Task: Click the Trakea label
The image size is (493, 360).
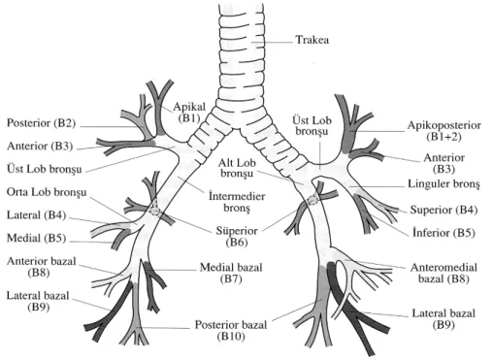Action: (312, 40)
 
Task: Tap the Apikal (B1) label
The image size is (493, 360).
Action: (189, 112)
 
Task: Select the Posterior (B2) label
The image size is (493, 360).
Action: (41, 123)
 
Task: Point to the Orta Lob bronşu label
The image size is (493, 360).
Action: (47, 192)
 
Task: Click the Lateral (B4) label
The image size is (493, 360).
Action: (36, 215)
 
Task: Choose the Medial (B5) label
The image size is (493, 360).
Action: (36, 239)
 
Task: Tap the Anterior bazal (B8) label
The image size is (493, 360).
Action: (41, 267)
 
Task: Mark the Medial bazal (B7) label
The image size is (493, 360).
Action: (231, 273)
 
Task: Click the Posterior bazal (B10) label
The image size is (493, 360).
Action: (231, 330)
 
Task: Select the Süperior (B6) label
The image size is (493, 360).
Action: (237, 237)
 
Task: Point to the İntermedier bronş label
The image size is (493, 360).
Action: (237, 202)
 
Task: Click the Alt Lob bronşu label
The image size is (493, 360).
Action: (237, 168)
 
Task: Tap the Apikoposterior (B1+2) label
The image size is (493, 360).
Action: (444, 131)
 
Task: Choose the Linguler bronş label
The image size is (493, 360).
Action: (444, 184)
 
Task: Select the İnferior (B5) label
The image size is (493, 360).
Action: (444, 233)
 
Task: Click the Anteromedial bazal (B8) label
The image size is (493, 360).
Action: (444, 273)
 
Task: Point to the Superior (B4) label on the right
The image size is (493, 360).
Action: (444, 210)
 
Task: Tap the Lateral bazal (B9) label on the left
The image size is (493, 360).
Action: (38, 301)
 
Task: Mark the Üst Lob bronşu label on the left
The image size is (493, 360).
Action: (45, 169)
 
